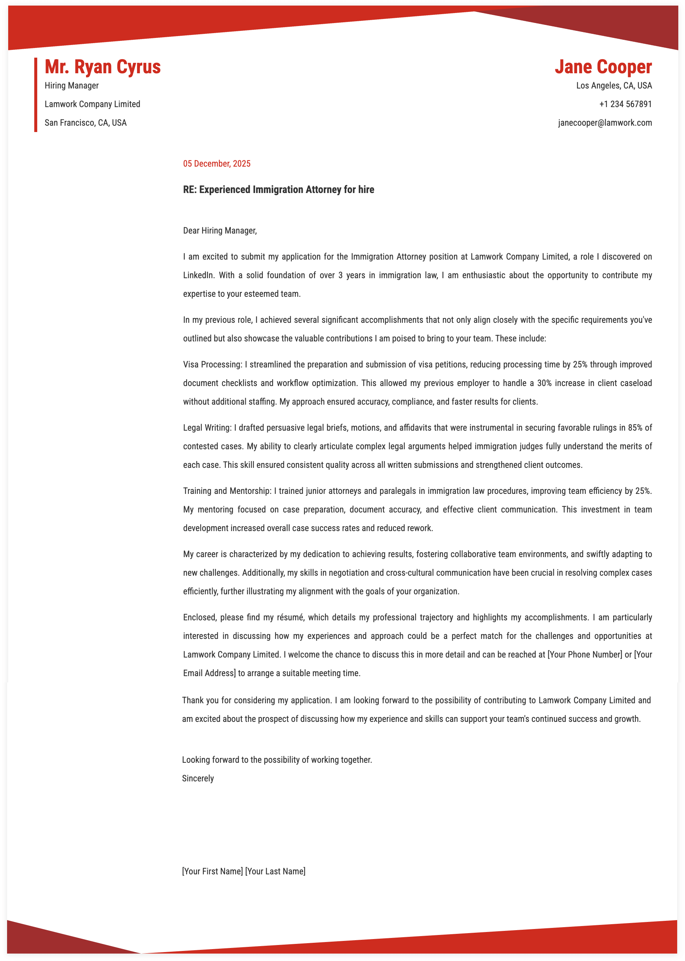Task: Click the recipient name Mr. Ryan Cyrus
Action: pyautogui.click(x=102, y=67)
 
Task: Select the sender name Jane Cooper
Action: pyautogui.click(x=603, y=67)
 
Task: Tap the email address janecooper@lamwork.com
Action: pyautogui.click(x=605, y=123)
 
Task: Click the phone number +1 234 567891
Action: pyautogui.click(x=625, y=104)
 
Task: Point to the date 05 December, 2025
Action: pyautogui.click(x=216, y=164)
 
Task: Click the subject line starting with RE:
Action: pyautogui.click(x=278, y=190)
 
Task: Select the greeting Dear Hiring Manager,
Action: pyautogui.click(x=220, y=231)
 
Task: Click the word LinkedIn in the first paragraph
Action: pyautogui.click(x=198, y=275)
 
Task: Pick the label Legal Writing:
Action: pyautogui.click(x=207, y=428)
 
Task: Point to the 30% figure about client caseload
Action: pyautogui.click(x=544, y=383)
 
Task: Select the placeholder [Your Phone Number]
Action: pyautogui.click(x=584, y=654)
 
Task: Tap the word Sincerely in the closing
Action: pyautogui.click(x=198, y=778)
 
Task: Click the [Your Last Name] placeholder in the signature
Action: pyautogui.click(x=275, y=871)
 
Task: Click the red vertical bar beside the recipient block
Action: pyautogui.click(x=36, y=95)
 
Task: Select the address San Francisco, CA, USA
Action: pyautogui.click(x=86, y=123)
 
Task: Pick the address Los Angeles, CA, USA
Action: pyautogui.click(x=614, y=86)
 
